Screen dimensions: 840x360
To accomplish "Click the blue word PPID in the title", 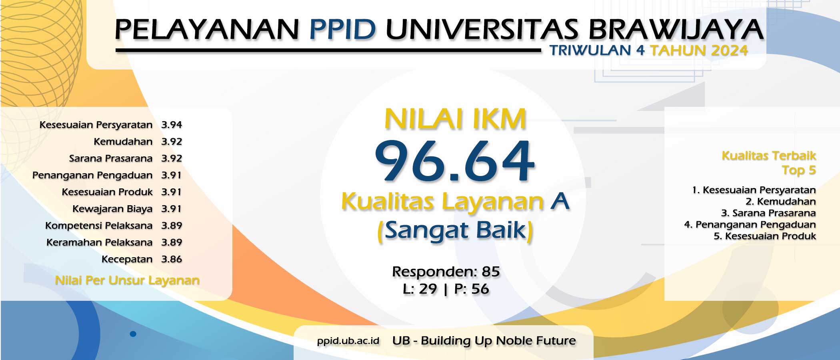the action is [343, 29].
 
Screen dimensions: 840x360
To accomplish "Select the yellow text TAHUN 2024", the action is [699, 50].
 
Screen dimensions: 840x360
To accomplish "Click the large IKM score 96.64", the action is [454, 161].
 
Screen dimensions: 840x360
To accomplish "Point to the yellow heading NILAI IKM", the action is [455, 119].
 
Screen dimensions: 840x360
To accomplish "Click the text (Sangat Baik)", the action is [455, 231].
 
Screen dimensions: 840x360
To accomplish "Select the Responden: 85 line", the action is [446, 272].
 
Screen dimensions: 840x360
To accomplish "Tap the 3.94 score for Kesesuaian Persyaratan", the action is [172, 125].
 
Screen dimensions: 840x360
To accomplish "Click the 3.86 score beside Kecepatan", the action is [172, 259].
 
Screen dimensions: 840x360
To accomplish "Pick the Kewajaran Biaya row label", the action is [112, 209].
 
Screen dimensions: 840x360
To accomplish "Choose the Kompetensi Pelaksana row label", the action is [99, 226].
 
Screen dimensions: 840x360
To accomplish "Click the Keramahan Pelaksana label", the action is [99, 242].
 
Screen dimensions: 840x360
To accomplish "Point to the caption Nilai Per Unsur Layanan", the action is [127, 280].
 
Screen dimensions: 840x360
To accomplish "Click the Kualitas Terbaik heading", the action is [769, 156].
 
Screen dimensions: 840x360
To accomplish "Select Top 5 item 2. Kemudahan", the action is [780, 202].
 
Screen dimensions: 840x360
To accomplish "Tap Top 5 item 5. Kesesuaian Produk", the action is [765, 236].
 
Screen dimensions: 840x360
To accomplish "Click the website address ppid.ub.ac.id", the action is [348, 341].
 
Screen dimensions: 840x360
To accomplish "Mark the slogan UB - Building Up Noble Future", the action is [484, 341].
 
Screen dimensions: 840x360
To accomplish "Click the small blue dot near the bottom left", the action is [133, 334].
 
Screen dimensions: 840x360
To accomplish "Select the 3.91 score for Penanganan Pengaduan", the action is [171, 175].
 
